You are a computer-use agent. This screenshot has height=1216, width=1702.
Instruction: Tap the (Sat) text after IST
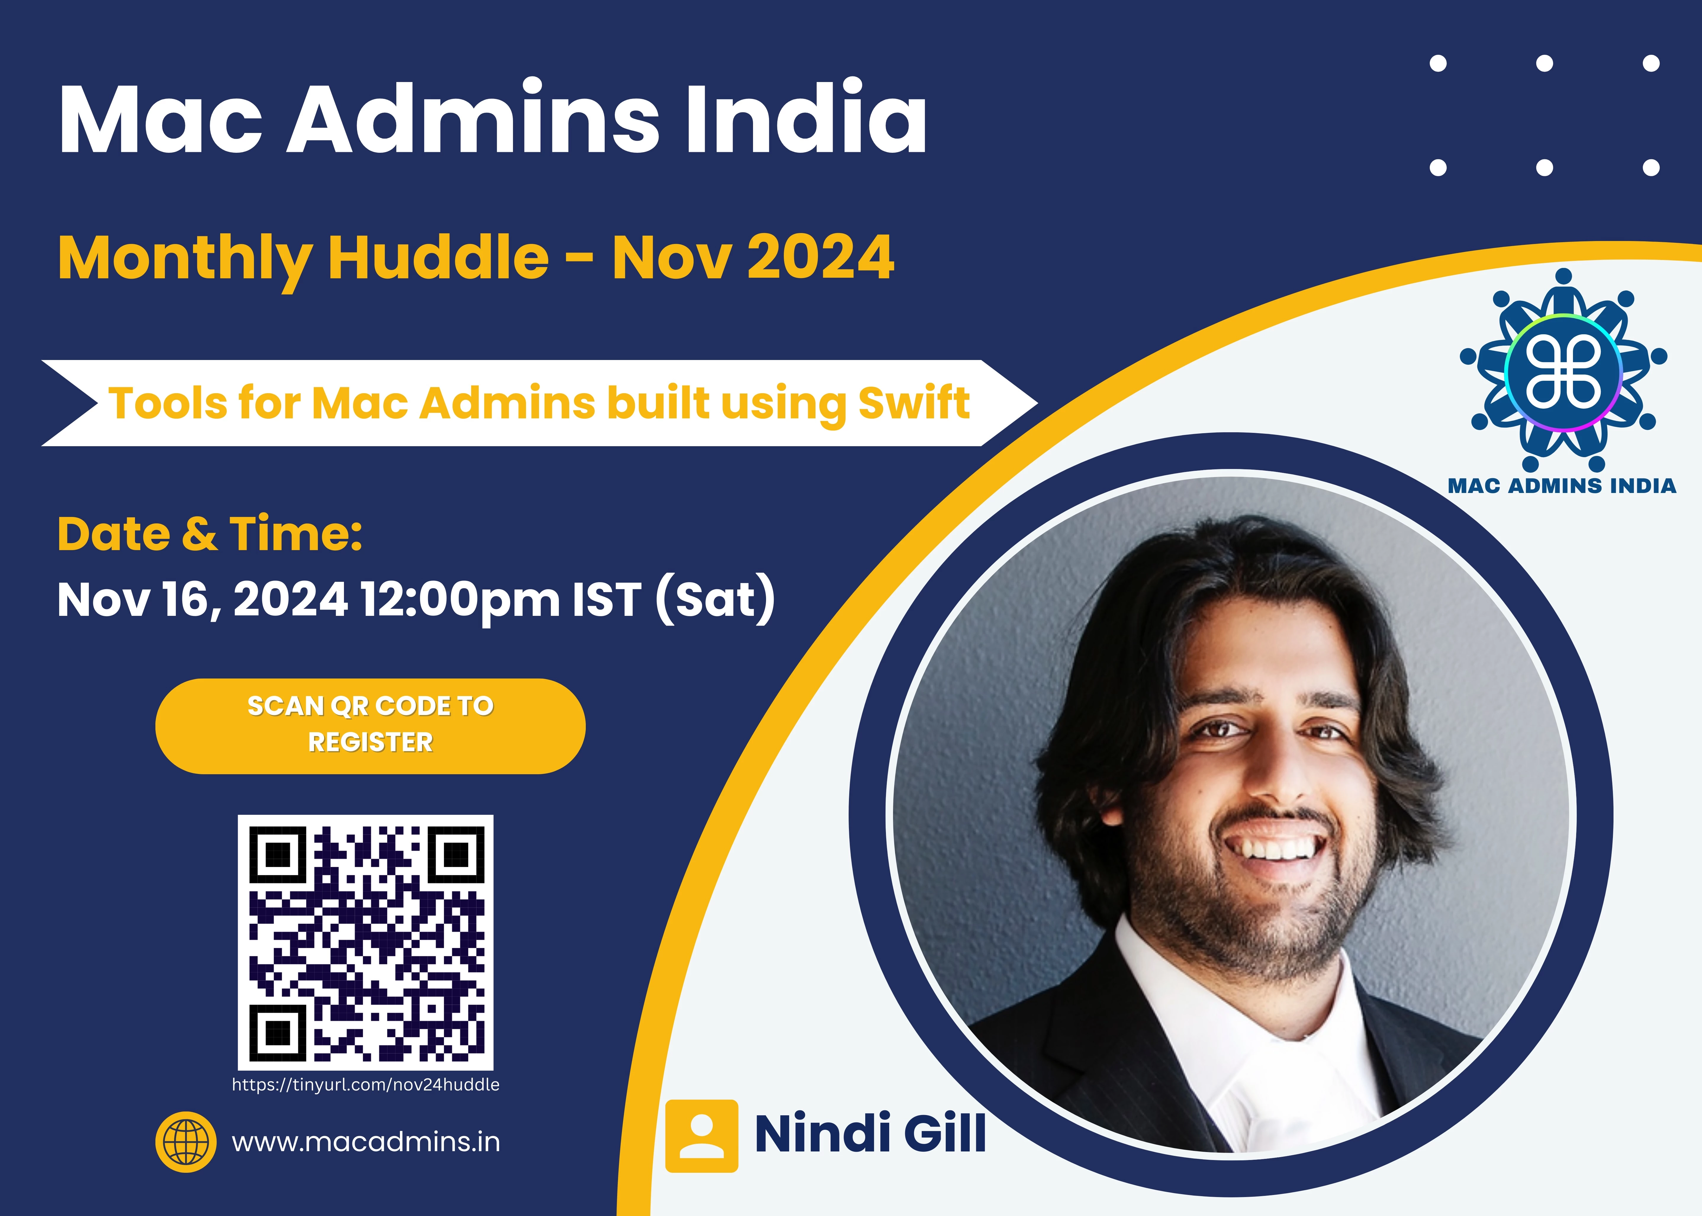click(715, 599)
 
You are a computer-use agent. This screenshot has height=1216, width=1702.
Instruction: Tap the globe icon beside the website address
click(186, 1142)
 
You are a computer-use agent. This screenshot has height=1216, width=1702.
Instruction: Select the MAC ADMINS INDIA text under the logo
click(1562, 486)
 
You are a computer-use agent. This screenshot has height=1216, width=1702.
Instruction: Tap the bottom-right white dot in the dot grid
click(1651, 168)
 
